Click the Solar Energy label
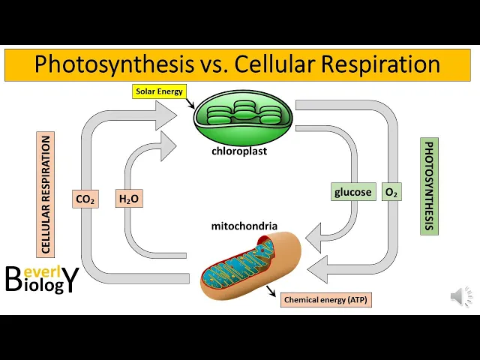158,91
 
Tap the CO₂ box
85,199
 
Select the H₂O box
129,199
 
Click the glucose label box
352,192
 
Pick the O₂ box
391,192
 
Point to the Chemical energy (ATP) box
326,300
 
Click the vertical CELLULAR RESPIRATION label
46,195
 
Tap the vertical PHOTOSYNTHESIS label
429,186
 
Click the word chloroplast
238,151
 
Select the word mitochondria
244,226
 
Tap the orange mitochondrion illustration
250,265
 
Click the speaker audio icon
461,297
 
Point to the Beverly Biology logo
41,277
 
